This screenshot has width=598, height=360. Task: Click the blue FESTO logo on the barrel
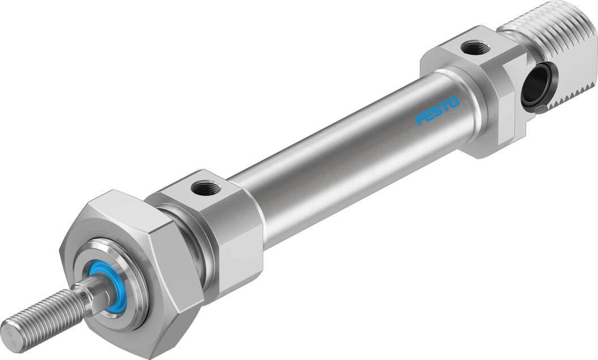click(x=438, y=110)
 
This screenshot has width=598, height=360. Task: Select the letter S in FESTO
click(x=437, y=110)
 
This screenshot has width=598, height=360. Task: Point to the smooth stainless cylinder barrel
click(x=351, y=153)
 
